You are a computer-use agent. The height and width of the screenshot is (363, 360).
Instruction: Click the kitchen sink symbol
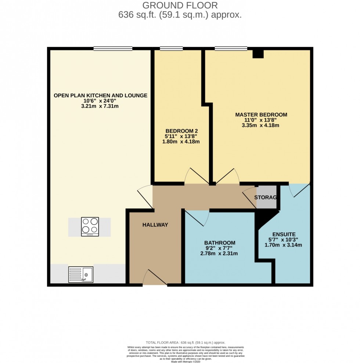tap(81, 274)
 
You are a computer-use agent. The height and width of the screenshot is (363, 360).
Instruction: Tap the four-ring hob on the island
tap(90, 227)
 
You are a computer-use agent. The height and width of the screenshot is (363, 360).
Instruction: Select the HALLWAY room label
tap(155, 225)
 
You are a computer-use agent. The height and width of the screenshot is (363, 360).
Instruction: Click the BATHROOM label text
tap(220, 243)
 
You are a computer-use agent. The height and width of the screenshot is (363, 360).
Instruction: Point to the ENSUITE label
tap(284, 234)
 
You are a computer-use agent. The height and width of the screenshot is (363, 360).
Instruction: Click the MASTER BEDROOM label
tap(261, 115)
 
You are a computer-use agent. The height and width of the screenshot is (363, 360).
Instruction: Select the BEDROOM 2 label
tap(182, 131)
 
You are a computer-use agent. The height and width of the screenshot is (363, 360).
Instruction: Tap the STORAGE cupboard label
tap(266, 197)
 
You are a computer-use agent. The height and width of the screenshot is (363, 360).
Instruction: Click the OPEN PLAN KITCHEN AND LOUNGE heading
tap(100, 95)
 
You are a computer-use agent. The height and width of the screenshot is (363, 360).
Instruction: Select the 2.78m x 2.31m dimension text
tap(220, 253)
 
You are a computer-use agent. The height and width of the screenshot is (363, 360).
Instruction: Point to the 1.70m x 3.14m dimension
tap(284, 245)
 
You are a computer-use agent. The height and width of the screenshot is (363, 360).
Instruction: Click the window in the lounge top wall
tap(113, 48)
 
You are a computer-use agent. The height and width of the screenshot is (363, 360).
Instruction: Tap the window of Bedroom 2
tap(171, 48)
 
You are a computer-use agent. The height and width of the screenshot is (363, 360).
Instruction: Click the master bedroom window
tap(231, 48)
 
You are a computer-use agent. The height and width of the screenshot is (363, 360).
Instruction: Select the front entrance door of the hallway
tap(155, 279)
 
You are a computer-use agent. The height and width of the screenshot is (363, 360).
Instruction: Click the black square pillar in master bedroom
tap(258, 54)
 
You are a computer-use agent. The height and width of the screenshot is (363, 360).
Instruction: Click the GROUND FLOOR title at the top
tap(180, 6)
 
